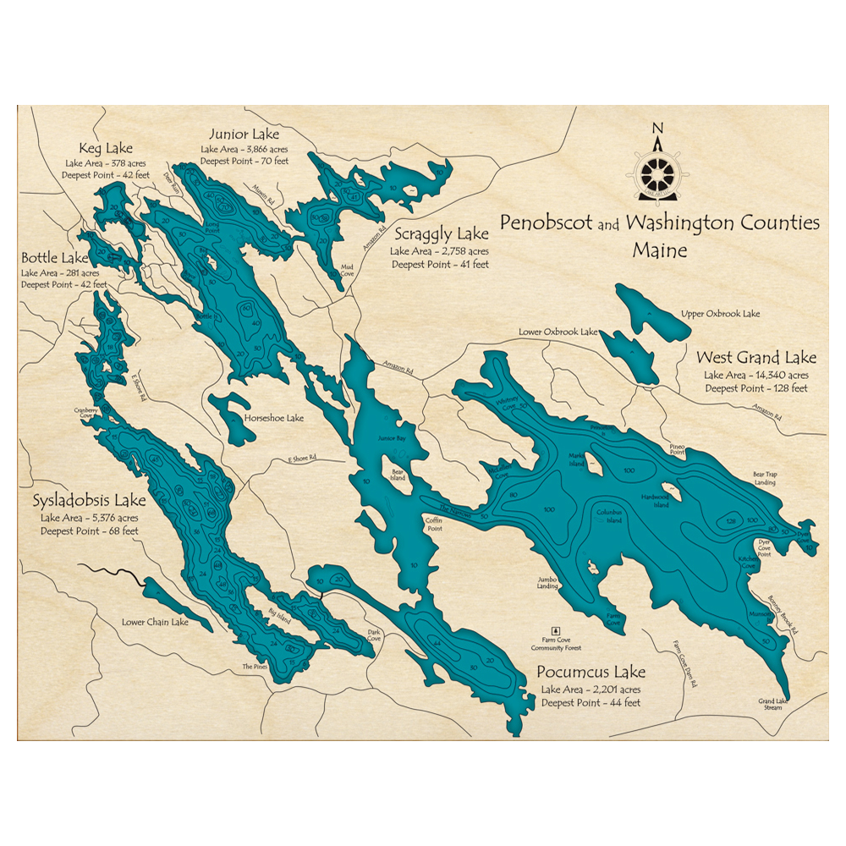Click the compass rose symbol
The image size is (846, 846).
[x=657, y=170]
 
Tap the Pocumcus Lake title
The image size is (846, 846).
[x=591, y=673]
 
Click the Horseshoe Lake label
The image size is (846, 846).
[x=273, y=418]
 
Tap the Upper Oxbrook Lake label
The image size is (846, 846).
[x=720, y=314]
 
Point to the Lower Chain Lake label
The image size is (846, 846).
[x=155, y=622]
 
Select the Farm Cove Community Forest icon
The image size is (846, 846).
[x=556, y=630]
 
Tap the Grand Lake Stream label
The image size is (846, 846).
[x=770, y=704]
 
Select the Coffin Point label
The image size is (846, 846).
[x=434, y=525]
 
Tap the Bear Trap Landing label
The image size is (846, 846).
[x=765, y=478]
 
